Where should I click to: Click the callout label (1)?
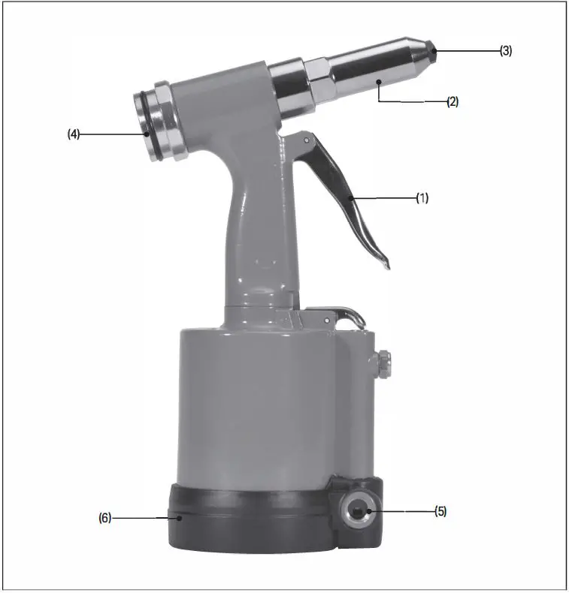pos(422,198)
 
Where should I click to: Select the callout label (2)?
pos(452,101)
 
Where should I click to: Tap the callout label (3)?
pos(507,50)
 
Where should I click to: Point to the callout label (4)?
pos(73,134)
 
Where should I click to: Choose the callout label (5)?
pos(440,511)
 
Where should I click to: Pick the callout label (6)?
pos(105,517)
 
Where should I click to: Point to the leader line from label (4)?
pos(113,134)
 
